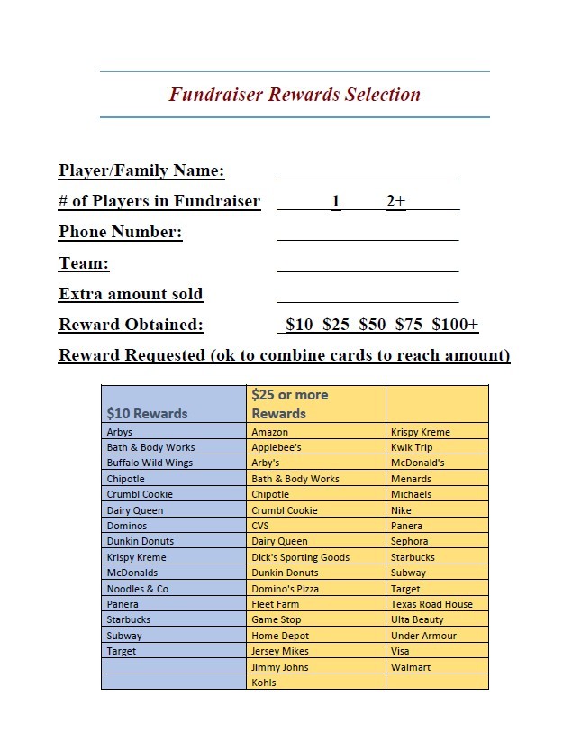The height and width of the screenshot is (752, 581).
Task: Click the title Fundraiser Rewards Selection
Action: coord(295,95)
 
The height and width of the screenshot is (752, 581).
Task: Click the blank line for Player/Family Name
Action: coord(368,171)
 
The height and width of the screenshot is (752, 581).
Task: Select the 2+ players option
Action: coord(395,202)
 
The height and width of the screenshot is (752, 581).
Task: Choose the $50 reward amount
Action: coord(372,325)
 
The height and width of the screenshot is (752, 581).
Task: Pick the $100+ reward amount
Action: coord(455,325)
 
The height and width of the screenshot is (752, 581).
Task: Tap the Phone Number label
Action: coord(121,233)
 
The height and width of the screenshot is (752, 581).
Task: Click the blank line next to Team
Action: coord(368,263)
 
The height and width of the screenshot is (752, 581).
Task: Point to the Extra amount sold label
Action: coord(131,295)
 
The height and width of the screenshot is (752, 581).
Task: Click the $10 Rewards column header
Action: coord(147,414)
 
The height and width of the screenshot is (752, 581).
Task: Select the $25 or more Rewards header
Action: coord(289,404)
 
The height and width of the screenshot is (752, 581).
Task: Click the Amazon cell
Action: coord(269,432)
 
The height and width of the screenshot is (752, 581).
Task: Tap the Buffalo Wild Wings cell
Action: coord(150,463)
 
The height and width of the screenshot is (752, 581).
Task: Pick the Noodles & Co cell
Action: coord(137,589)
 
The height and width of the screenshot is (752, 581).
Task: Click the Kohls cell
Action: coord(264,683)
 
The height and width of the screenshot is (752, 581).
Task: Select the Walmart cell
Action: coord(411,667)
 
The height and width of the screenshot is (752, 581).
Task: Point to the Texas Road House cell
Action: coord(431,604)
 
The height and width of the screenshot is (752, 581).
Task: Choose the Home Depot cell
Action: coord(279,636)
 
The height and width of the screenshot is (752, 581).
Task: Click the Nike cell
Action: coord(401,510)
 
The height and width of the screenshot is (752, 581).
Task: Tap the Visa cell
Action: coord(400,651)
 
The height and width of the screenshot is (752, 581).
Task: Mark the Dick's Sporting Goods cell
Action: coord(300,557)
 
